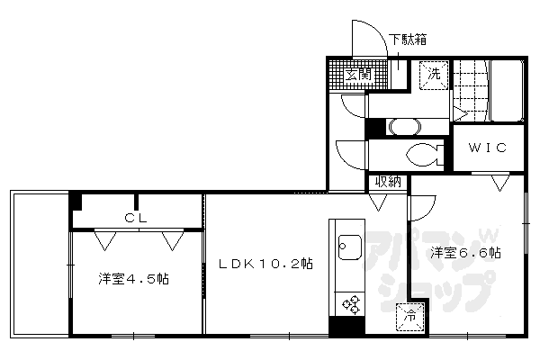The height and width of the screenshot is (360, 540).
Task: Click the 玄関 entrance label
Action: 357,75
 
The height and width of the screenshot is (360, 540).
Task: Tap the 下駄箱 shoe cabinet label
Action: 408,40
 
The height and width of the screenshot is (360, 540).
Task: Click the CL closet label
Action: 137,217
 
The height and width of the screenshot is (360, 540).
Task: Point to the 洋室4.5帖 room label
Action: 133,279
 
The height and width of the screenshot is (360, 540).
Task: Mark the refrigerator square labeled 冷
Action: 409,315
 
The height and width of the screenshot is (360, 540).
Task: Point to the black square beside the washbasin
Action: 370,126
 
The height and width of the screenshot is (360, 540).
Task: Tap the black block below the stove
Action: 343,327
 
